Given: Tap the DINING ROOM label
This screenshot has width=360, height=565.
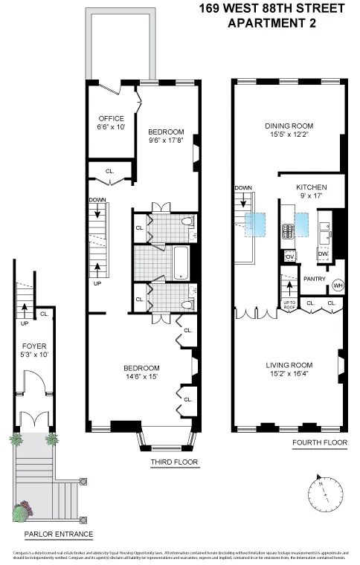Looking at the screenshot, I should pyautogui.click(x=289, y=126).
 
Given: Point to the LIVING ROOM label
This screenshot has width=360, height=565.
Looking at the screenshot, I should pyautogui.click(x=289, y=365).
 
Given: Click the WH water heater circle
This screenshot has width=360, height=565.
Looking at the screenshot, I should pyautogui.click(x=337, y=285).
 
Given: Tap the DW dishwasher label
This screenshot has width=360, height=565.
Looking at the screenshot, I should pyautogui.click(x=323, y=254).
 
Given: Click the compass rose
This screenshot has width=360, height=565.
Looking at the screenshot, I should pyautogui.click(x=327, y=493).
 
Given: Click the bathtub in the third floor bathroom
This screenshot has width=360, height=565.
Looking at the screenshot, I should pyautogui.click(x=181, y=262).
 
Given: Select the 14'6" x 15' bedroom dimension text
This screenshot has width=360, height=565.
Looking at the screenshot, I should pyautogui.click(x=141, y=378).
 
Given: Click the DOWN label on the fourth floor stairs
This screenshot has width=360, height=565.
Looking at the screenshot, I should pyautogui.click(x=244, y=188).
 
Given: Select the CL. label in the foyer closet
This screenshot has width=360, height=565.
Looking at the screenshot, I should pyautogui.click(x=45, y=314).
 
